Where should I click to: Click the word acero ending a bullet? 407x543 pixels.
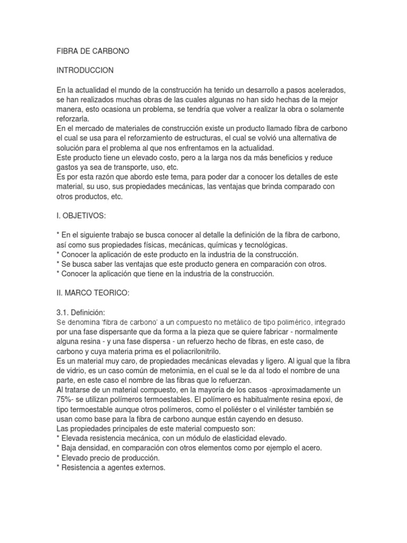tap(311, 448)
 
